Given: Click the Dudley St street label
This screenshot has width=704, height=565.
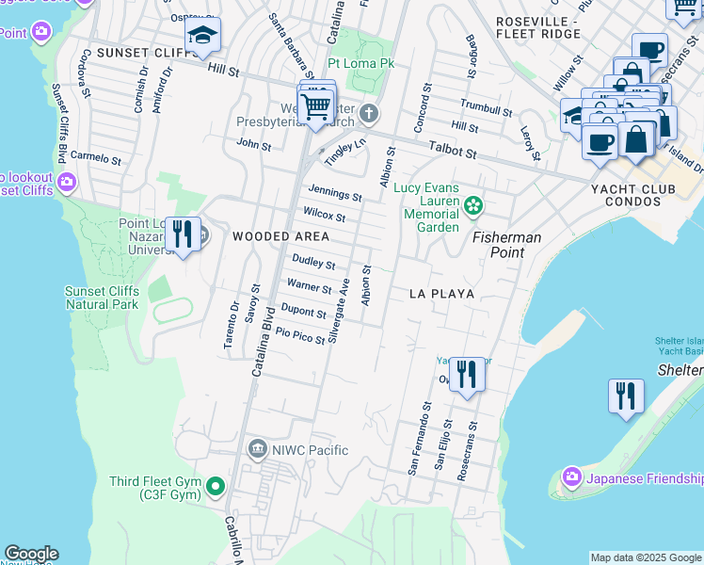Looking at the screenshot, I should tap(313, 263).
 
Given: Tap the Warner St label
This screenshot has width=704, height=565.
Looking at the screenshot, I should tap(309, 286).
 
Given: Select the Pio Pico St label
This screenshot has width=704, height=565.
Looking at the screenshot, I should tap(299, 334).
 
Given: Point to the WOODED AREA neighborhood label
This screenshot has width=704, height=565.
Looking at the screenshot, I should tap(281, 235).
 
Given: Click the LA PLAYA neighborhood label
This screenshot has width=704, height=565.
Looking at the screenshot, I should tap(441, 294).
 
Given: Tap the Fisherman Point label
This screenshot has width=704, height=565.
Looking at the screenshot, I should tap(506, 245).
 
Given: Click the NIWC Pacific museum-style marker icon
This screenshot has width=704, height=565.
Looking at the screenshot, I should tap(257, 449).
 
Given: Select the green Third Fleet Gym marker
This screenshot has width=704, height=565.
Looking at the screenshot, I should tap(216, 487).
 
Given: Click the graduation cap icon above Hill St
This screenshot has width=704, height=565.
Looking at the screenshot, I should tap(201, 38).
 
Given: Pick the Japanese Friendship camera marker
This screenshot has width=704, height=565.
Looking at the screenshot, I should tap(569, 477).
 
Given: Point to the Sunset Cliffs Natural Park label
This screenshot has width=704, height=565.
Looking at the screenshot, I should tap(102, 298).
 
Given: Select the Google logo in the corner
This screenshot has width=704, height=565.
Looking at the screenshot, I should tap(31, 554).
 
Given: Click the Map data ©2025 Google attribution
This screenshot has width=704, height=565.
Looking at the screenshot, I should tap(645, 557).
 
